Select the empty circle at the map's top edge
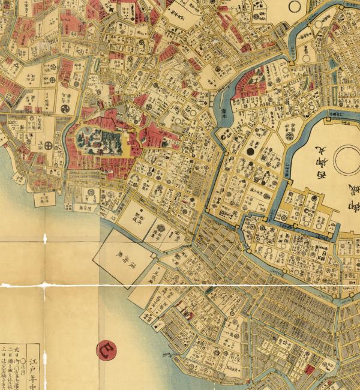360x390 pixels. click(295, 5)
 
